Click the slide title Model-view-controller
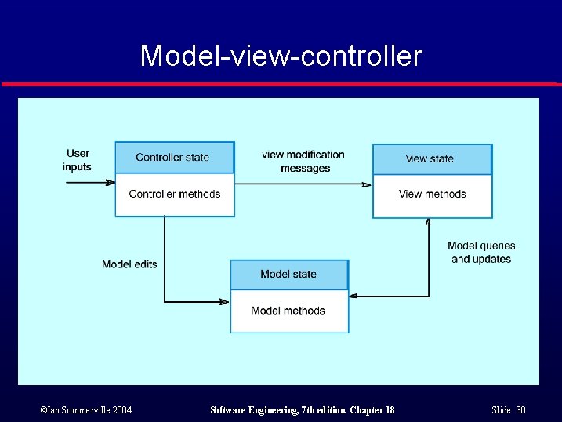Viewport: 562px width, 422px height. point(281,56)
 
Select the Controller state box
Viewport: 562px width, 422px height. point(174,157)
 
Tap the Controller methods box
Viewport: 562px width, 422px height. point(174,195)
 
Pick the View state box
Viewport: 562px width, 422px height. point(431,159)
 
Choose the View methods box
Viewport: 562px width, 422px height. point(432,195)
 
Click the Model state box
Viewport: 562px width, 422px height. point(288,275)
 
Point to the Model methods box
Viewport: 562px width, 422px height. point(288,311)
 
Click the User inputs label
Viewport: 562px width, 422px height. point(78,160)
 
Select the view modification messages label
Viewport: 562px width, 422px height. point(304,161)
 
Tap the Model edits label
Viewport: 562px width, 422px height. point(129,264)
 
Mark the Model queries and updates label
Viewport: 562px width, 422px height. point(481,252)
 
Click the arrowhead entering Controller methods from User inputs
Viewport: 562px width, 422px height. point(111,183)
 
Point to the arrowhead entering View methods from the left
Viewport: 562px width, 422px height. point(367,184)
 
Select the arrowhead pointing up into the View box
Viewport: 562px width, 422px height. point(428,223)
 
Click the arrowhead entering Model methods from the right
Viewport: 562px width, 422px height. point(354,296)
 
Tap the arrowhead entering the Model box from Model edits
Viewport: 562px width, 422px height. point(225,301)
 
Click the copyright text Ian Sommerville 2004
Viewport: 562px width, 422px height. point(85,410)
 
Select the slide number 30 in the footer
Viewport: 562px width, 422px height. point(520,410)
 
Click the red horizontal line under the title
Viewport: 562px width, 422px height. point(281,84)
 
